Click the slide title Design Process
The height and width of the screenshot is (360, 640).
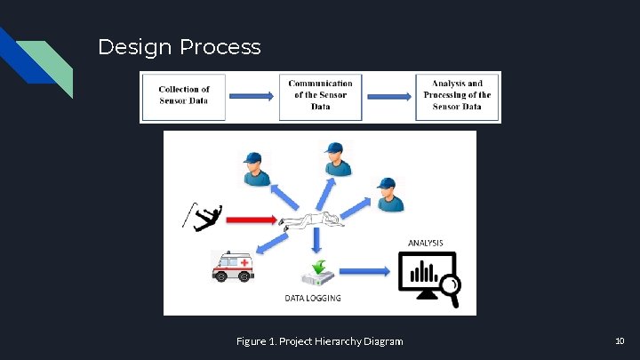click(x=180, y=47)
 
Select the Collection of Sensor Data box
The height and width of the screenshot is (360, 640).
click(x=184, y=95)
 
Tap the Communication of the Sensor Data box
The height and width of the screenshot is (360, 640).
click(x=320, y=95)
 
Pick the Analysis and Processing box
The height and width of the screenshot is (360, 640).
click(x=457, y=95)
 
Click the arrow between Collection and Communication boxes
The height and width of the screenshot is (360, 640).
click(x=252, y=96)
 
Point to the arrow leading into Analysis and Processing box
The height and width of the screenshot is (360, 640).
click(x=388, y=96)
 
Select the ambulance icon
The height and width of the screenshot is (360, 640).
click(x=233, y=265)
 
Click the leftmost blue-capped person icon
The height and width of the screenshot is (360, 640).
click(x=254, y=168)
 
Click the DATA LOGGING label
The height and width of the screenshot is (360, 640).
click(x=312, y=298)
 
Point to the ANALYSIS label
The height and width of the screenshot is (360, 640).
click(x=426, y=242)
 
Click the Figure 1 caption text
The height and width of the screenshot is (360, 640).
click(x=319, y=341)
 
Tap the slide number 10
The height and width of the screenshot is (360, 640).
click(x=620, y=341)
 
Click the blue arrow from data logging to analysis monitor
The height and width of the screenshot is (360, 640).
click(x=364, y=271)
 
